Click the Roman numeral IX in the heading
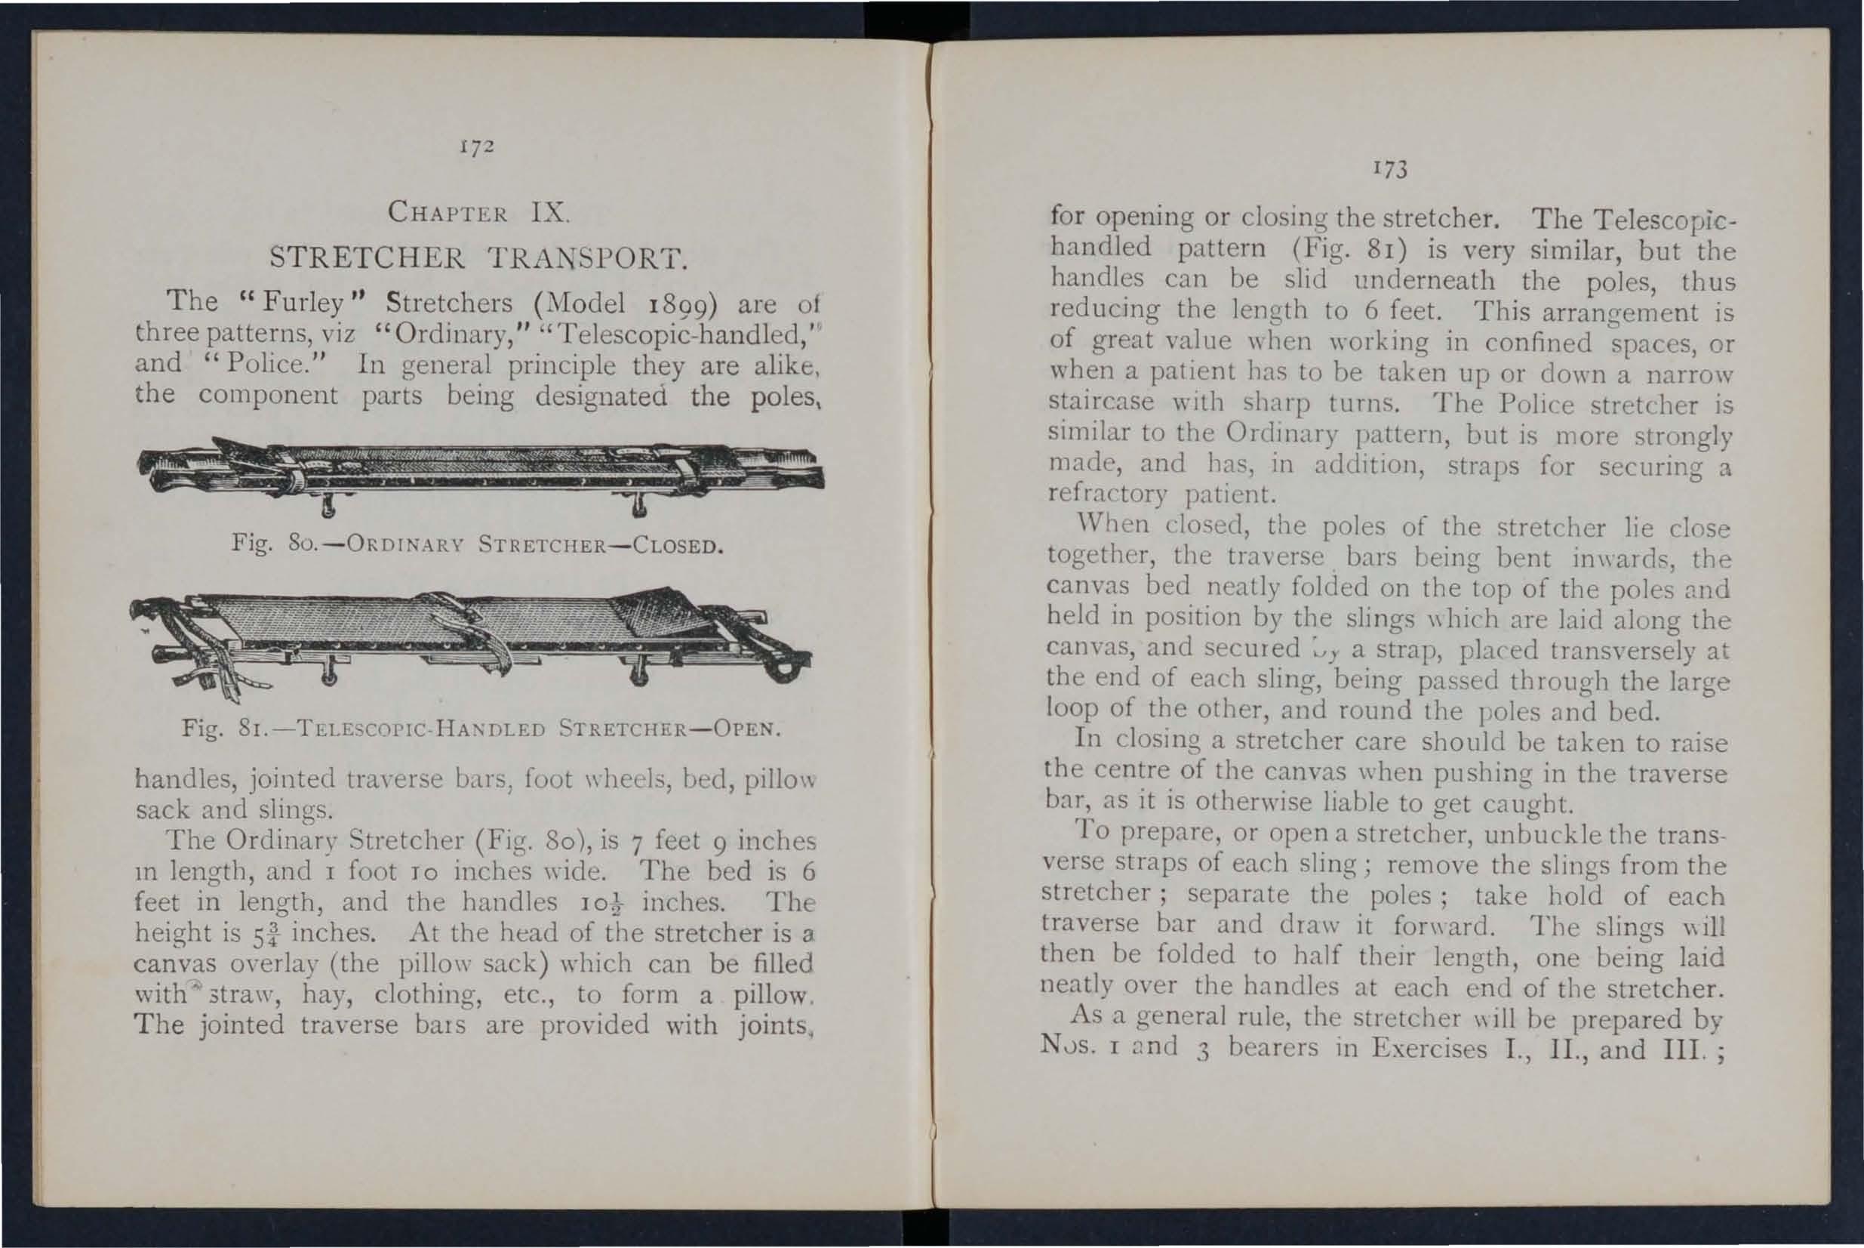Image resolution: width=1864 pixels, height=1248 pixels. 548,212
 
